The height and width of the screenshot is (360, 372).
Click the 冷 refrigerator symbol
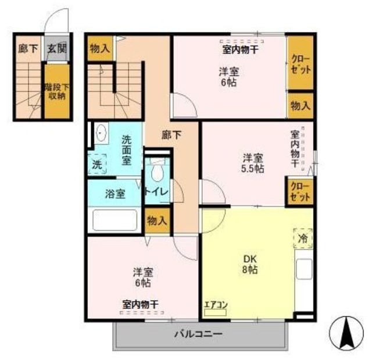point(303,238)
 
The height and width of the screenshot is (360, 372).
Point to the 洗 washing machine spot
point(97,165)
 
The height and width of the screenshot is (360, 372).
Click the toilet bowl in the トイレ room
point(156,173)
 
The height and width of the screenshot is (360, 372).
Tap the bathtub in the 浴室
point(115,220)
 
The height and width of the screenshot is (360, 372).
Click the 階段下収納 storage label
point(56,91)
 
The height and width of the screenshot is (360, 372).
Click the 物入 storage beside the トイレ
point(156,220)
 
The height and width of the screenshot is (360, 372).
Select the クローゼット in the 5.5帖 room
point(300,192)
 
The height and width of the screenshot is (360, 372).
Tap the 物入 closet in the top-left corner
point(99,49)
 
